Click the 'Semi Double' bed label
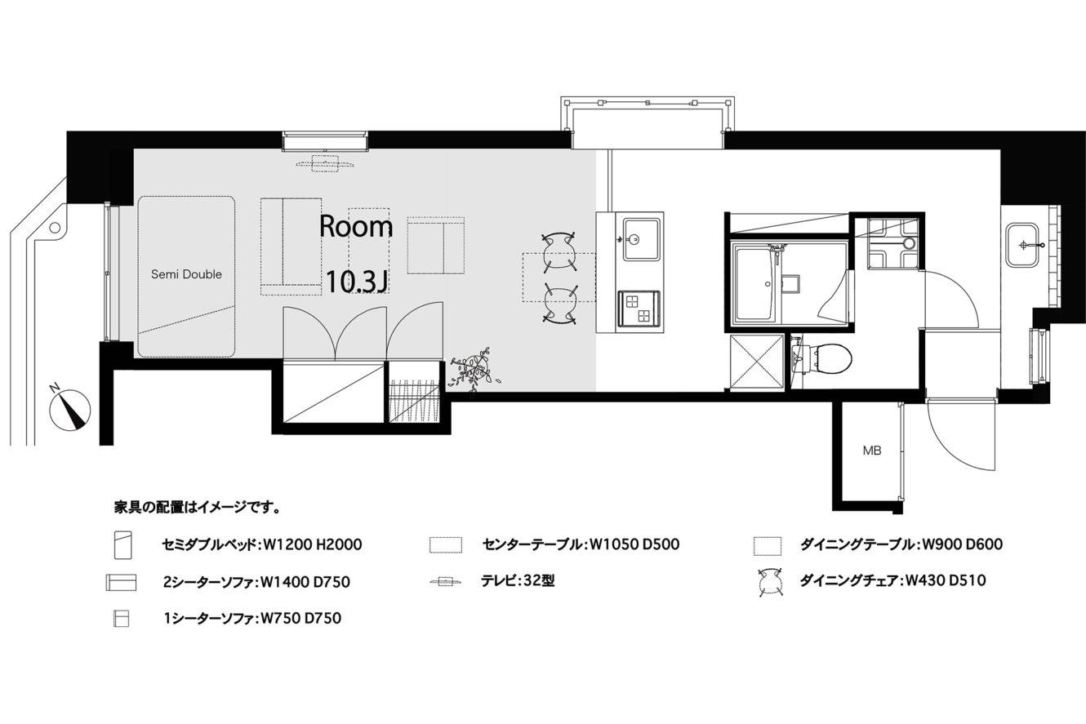click(x=186, y=274)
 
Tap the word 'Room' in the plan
click(x=356, y=227)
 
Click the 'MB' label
click(x=872, y=451)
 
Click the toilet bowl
click(x=826, y=359)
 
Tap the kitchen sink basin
click(x=641, y=239)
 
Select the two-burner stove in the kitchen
click(x=638, y=309)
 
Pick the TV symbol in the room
click(x=324, y=164)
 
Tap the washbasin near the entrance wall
click(x=1022, y=245)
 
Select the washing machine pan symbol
click(x=892, y=243)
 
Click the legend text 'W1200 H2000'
click(x=312, y=544)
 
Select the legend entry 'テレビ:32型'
click(x=518, y=581)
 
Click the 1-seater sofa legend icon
click(x=121, y=620)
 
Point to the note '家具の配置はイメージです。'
click(x=198, y=508)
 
